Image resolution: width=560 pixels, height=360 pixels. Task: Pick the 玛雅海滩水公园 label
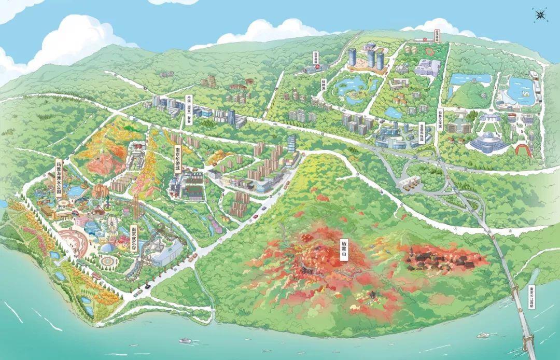point(59,177)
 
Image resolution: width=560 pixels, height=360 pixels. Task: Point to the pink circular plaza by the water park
point(73,241)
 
